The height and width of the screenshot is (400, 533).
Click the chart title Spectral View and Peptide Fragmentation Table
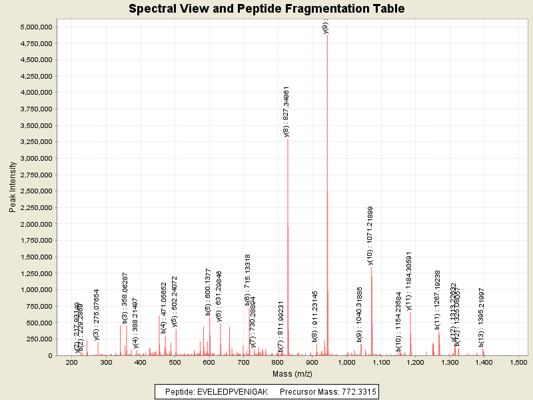pos(266,9)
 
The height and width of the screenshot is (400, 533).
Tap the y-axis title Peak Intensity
pos(13,190)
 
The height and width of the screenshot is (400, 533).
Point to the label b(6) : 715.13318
pos(248,279)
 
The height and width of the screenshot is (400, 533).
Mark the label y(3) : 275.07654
pos(97,315)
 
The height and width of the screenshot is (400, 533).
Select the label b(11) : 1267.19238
pos(438,299)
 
